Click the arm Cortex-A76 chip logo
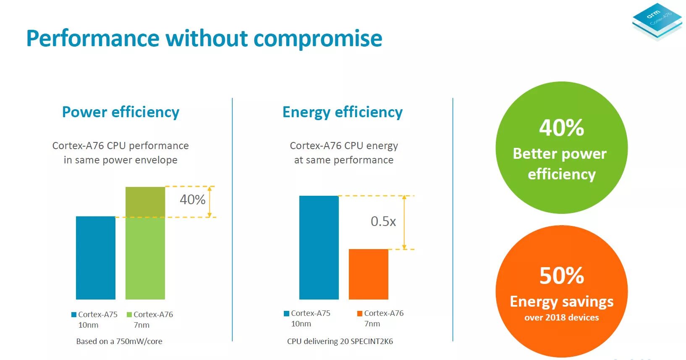coord(657,21)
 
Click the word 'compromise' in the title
coord(318,39)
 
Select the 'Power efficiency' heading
coord(120,112)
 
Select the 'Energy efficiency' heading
coord(342,112)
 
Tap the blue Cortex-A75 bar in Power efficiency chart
coord(95,258)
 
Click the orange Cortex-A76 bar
coord(368,274)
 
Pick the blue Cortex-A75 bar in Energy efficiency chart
coord(319,247)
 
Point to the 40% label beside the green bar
coord(192,200)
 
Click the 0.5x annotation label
coord(383,221)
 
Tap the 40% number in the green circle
coord(561,128)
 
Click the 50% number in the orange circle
coord(561,276)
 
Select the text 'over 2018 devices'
coord(561,318)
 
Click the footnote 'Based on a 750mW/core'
coord(119,342)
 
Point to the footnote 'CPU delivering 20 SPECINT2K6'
coord(340,342)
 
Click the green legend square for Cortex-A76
coord(129,315)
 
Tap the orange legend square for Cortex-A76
coord(359,313)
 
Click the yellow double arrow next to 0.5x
coord(404,222)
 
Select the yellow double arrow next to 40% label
coord(209,202)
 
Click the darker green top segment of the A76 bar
coord(145,202)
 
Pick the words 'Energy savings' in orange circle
coord(561,302)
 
